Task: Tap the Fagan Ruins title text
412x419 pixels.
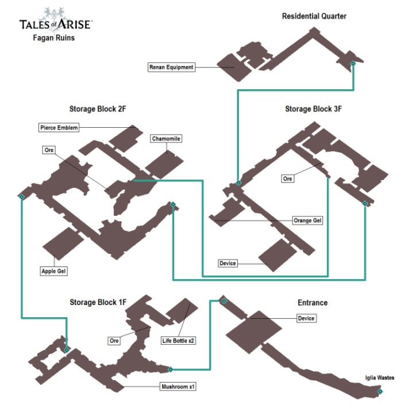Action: [53, 39]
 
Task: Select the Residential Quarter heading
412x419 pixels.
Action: [314, 16]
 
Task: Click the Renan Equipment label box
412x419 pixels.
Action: [171, 67]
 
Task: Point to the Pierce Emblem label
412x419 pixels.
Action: [59, 127]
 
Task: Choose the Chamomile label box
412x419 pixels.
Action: [165, 139]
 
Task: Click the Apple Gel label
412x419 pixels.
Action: [53, 271]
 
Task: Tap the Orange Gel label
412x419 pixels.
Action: [307, 220]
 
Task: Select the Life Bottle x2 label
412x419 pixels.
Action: [178, 341]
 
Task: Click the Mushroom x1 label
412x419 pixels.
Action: [178, 387]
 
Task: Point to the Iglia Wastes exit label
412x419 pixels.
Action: [379, 378]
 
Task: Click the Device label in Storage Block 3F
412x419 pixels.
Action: [228, 264]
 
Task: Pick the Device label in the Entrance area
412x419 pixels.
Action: [306, 318]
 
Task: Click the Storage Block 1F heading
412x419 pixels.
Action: [98, 302]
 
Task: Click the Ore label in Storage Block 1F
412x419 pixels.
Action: [114, 341]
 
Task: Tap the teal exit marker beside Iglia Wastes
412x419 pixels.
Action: [380, 391]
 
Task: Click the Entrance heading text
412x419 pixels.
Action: [312, 303]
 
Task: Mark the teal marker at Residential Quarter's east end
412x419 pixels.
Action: [353, 63]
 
